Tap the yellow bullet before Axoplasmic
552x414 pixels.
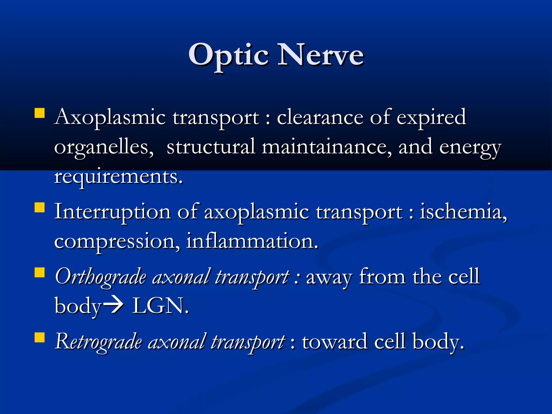pyautogui.click(x=40, y=113)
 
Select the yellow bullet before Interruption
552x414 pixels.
pyautogui.click(x=40, y=208)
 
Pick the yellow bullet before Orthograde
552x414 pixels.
pyautogui.click(x=40, y=272)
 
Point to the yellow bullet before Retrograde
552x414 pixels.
pyautogui.click(x=40, y=337)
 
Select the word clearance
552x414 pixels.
pyautogui.click(x=320, y=117)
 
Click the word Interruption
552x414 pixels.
pyautogui.click(x=112, y=212)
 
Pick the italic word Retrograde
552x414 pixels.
pyautogui.click(x=98, y=341)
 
